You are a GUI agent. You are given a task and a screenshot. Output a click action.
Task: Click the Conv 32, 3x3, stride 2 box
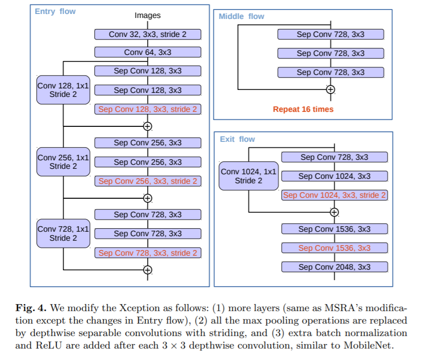tap(148, 34)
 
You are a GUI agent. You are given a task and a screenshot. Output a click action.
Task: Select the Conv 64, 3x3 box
tap(148, 52)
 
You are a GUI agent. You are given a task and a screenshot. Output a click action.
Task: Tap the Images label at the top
tap(148, 15)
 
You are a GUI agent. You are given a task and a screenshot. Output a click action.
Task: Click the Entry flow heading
tap(55, 11)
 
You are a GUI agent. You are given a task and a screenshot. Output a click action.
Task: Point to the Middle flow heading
tap(241, 16)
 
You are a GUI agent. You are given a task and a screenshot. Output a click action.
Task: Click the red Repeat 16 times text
tap(303, 109)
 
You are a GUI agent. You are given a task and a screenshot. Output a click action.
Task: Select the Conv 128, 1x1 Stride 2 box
tap(63, 90)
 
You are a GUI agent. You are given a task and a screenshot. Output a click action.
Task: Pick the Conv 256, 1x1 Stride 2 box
tap(63, 162)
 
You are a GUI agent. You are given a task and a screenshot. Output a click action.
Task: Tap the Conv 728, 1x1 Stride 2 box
tap(63, 234)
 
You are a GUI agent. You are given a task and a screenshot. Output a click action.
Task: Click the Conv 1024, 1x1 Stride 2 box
tap(248, 176)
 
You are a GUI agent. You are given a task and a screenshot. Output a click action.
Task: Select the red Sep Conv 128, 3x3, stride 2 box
tap(148, 109)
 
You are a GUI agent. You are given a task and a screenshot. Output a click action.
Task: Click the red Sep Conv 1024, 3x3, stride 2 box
tap(334, 195)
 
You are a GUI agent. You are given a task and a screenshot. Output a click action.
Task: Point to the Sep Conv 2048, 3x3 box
tap(334, 267)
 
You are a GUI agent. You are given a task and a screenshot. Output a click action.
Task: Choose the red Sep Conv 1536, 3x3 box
tap(334, 248)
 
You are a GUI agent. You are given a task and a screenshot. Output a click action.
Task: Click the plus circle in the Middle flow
tap(330, 90)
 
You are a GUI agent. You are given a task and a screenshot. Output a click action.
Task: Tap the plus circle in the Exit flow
tap(335, 212)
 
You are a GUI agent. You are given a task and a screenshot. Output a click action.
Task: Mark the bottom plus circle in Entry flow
tap(147, 270)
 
